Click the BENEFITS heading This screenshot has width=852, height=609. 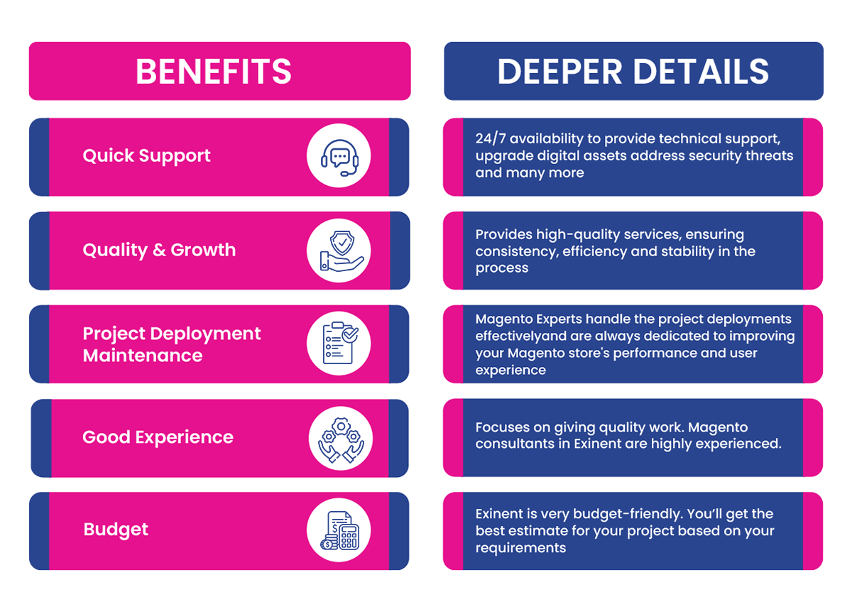(214, 72)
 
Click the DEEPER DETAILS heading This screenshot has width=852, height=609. (633, 72)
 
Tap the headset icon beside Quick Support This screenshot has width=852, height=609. (339, 157)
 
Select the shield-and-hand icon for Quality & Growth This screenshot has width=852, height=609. (339, 251)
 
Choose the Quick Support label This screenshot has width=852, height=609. (146, 156)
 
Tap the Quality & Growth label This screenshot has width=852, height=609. (159, 250)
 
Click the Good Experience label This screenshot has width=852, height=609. (158, 437)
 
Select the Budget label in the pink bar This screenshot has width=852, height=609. (116, 530)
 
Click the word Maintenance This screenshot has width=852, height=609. (143, 356)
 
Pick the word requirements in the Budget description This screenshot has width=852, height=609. (520, 548)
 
